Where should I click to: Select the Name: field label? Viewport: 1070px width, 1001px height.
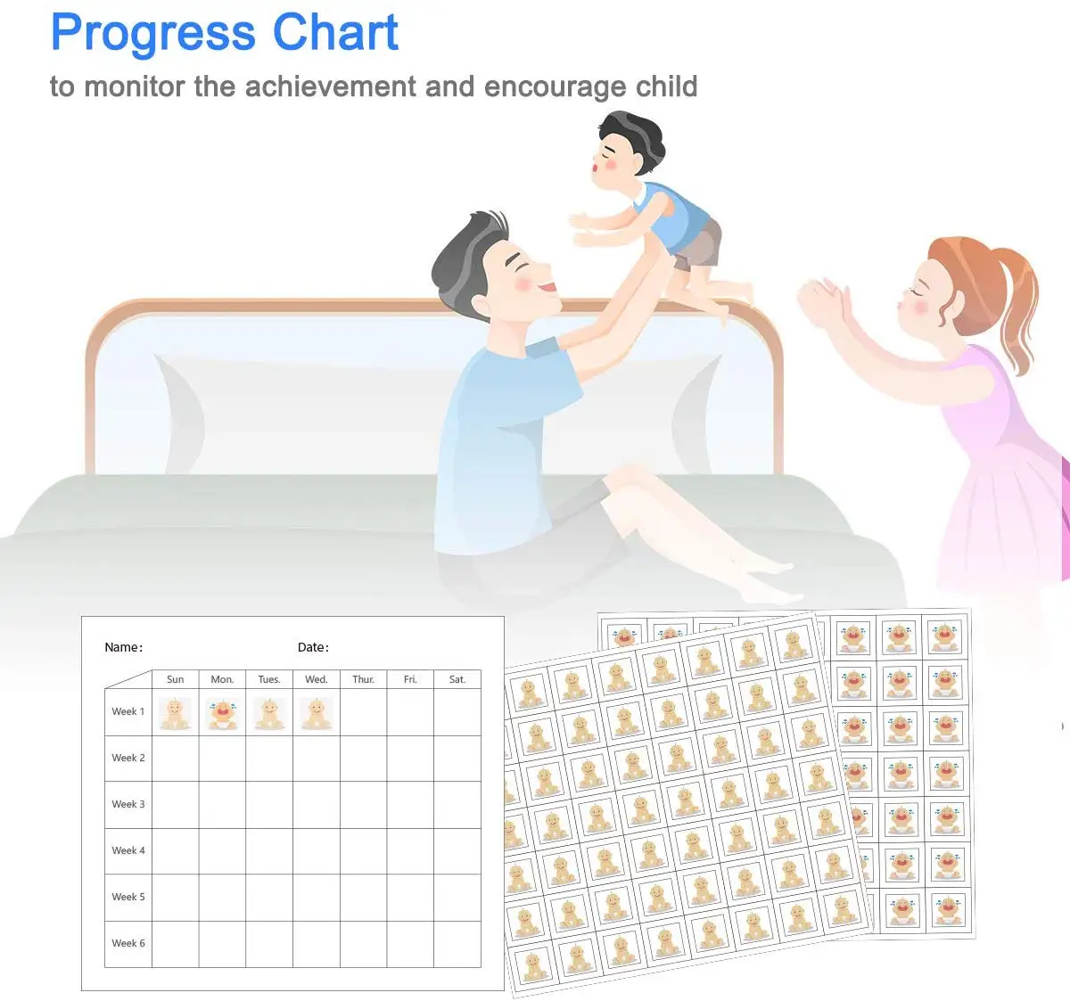click(x=123, y=647)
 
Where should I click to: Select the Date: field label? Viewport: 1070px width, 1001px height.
click(x=313, y=647)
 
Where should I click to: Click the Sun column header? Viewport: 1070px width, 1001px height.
click(x=175, y=679)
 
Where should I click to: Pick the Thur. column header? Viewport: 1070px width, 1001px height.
click(x=363, y=679)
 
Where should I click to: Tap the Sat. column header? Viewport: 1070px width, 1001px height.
click(x=457, y=679)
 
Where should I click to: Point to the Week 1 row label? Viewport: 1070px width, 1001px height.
click(x=128, y=711)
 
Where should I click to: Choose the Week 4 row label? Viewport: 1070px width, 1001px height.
click(x=128, y=850)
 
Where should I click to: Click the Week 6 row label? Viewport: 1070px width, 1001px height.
click(x=128, y=943)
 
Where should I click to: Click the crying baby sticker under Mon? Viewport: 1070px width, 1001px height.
click(x=222, y=713)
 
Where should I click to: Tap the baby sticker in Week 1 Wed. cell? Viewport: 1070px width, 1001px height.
click(x=316, y=713)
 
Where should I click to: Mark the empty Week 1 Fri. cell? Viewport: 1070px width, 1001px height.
click(x=410, y=713)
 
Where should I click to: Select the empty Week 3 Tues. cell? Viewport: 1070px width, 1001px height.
click(x=269, y=805)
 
